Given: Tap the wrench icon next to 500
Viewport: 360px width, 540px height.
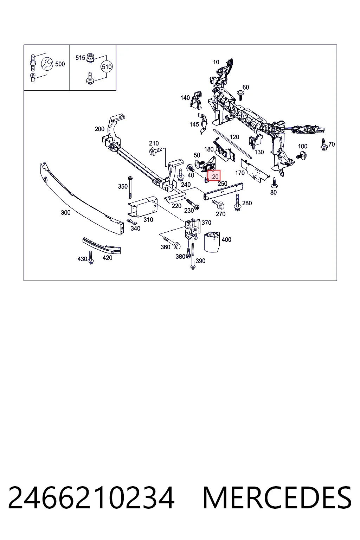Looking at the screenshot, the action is pyautogui.click(x=47, y=64).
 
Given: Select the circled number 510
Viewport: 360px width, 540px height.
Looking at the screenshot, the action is pyautogui.click(x=107, y=67).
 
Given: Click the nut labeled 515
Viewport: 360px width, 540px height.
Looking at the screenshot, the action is pyautogui.click(x=90, y=57).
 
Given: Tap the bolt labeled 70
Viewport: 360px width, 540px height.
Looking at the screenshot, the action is pyautogui.click(x=324, y=144).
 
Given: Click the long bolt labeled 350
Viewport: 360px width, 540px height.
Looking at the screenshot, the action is pyautogui.click(x=130, y=187).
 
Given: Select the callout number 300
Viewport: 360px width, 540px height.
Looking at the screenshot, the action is pyautogui.click(x=66, y=212).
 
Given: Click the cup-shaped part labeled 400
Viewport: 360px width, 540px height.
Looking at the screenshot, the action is pyautogui.click(x=212, y=242).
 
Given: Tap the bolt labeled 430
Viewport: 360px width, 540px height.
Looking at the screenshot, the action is pyautogui.click(x=91, y=258).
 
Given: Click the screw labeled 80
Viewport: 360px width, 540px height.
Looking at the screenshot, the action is pyautogui.click(x=274, y=183).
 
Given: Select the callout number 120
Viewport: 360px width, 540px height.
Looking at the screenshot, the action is pyautogui.click(x=234, y=137).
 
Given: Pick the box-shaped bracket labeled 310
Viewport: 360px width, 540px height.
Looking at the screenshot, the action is pyautogui.click(x=142, y=206).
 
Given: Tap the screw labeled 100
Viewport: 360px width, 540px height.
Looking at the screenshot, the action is pyautogui.click(x=301, y=155).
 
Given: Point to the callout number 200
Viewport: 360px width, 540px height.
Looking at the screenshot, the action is pyautogui.click(x=99, y=129).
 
